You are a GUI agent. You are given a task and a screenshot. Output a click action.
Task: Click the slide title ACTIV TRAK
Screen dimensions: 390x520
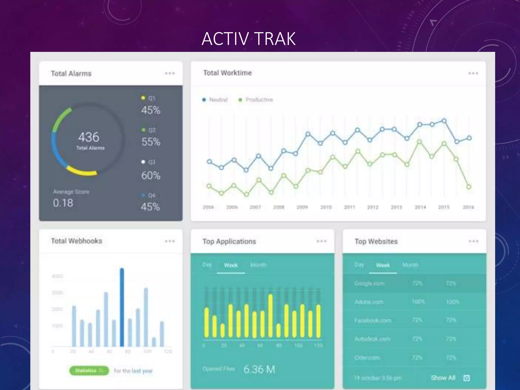pyautogui.click(x=249, y=39)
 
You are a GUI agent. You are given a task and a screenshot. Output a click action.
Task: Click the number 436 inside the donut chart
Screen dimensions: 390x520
pyautogui.click(x=89, y=137)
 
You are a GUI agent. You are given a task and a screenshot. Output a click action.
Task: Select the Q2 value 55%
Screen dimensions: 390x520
pyautogui.click(x=151, y=142)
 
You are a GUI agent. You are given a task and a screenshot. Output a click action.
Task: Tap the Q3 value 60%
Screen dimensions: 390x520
pyautogui.click(x=151, y=175)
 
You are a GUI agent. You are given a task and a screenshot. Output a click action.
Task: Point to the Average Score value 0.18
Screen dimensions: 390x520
pyautogui.click(x=63, y=203)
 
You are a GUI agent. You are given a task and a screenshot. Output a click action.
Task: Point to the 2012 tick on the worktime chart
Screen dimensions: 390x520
pyautogui.click(x=372, y=207)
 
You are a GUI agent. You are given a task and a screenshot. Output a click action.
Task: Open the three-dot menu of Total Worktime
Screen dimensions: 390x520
pyautogui.click(x=473, y=73)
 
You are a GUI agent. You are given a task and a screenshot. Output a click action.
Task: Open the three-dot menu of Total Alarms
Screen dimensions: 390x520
pyautogui.click(x=170, y=73)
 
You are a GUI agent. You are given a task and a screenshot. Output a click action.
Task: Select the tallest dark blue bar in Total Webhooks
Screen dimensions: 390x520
pyautogui.click(x=122, y=307)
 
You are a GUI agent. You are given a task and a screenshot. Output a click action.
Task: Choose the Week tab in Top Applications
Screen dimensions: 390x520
pyautogui.click(x=231, y=265)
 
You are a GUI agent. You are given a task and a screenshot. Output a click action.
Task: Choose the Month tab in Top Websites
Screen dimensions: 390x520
pyautogui.click(x=410, y=265)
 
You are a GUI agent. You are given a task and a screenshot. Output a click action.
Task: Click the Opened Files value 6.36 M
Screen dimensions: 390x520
pyautogui.click(x=259, y=369)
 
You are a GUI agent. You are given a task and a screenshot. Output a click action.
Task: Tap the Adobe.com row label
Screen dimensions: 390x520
pyautogui.click(x=369, y=302)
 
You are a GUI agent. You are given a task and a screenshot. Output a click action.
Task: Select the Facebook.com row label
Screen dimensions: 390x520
pyautogui.click(x=373, y=320)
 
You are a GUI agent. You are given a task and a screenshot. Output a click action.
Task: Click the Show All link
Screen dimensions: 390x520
pyautogui.click(x=443, y=378)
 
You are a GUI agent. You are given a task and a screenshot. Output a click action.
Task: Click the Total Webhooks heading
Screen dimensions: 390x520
pyautogui.click(x=76, y=241)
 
